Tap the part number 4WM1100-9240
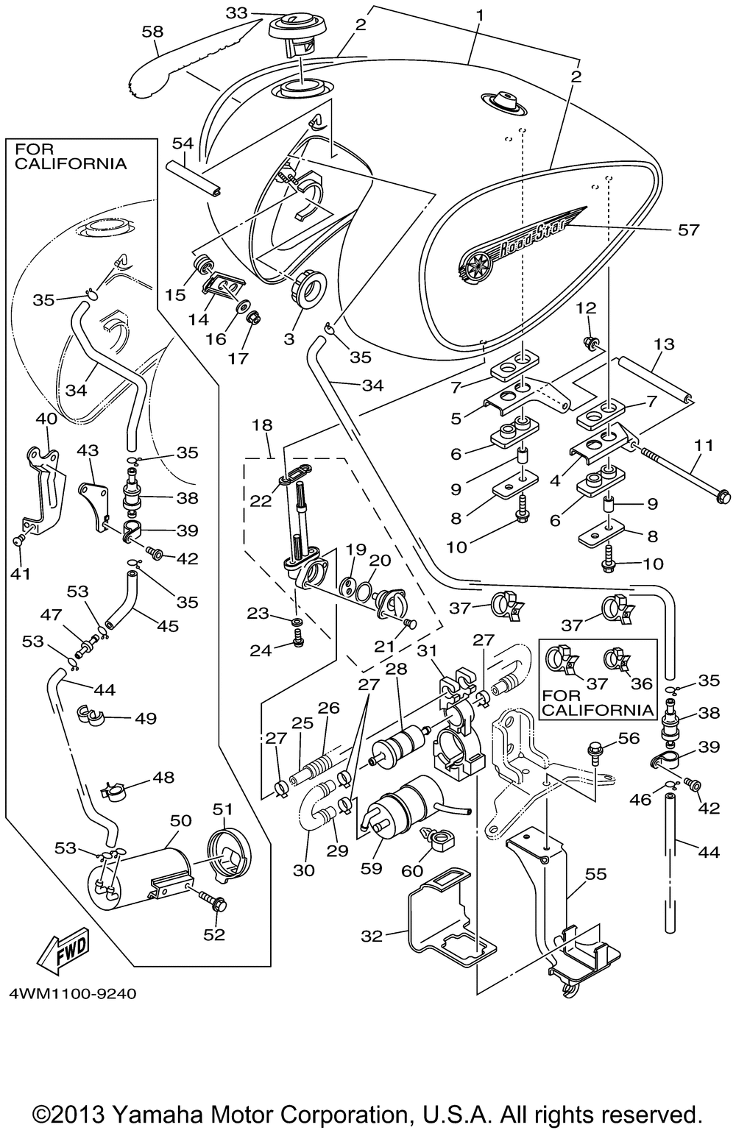(x=73, y=993)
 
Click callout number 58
(x=158, y=32)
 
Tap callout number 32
(x=372, y=936)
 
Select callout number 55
(x=596, y=873)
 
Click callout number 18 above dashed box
(x=262, y=425)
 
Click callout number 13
(x=663, y=343)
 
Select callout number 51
(x=222, y=809)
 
